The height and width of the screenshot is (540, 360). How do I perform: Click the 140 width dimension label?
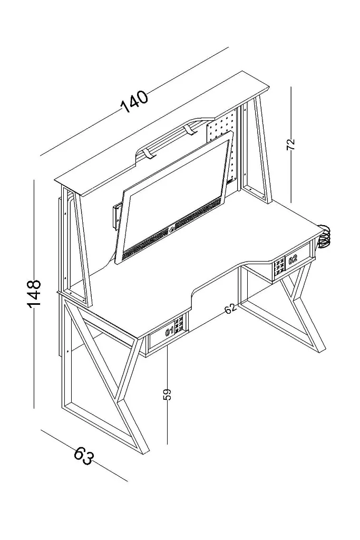134,102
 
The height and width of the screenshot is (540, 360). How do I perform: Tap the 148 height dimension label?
34,294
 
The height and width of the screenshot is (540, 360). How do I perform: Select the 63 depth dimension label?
84,456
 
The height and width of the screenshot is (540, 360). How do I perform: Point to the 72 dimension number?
291,144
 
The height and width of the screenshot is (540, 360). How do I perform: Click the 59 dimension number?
167,394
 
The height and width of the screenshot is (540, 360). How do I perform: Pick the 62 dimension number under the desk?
231,308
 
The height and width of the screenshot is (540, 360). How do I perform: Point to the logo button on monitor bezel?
171,229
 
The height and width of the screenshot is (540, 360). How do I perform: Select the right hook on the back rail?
190,130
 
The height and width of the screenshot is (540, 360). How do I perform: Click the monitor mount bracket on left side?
117,215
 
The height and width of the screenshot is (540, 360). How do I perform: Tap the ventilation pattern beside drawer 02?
279,267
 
